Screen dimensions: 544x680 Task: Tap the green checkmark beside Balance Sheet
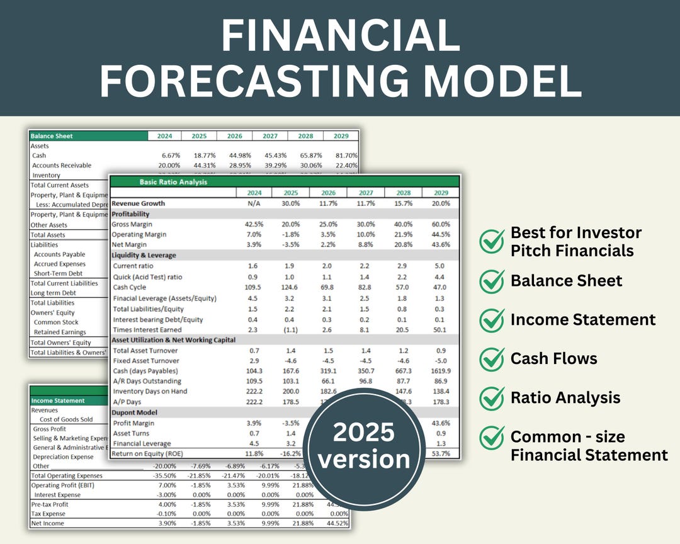tap(492, 281)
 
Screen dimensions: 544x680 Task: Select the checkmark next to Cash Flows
tap(492, 359)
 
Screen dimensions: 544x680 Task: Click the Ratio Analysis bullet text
tap(565, 398)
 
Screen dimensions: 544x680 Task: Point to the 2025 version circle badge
tap(364, 446)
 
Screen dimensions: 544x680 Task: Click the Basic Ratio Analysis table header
tap(173, 182)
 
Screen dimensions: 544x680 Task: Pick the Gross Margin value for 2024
tap(254, 224)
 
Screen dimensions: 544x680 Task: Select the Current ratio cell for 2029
tap(441, 266)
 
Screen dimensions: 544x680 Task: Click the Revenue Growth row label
tap(139, 203)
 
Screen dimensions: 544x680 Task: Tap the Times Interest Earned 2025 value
tap(290, 329)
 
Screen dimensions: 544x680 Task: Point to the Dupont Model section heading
tap(135, 412)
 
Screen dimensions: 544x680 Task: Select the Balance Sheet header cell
tap(52, 136)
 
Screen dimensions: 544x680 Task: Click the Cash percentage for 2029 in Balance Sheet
tap(346, 156)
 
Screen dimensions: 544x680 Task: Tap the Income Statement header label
tap(58, 400)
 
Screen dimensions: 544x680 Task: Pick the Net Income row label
tap(48, 523)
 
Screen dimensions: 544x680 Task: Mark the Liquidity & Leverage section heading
tap(144, 256)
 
